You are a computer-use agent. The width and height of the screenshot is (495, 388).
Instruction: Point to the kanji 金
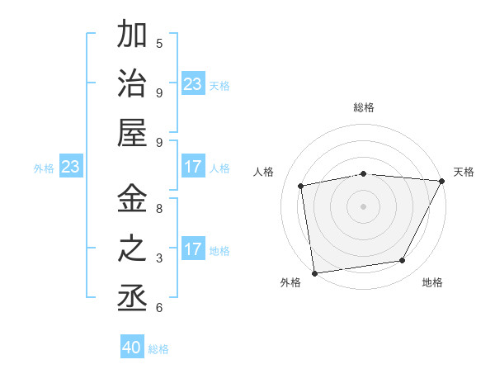click(x=132, y=199)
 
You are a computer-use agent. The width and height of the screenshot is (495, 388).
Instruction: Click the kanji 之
click(x=132, y=248)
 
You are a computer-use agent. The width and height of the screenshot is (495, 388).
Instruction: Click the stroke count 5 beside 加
click(x=159, y=43)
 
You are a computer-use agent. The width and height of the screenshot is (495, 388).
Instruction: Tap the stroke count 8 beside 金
click(x=159, y=209)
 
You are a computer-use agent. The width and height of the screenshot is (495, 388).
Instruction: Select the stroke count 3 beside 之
click(x=159, y=258)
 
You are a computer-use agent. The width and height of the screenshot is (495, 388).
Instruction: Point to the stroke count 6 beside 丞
click(x=159, y=308)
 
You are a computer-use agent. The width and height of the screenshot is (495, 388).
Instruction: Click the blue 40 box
click(x=132, y=348)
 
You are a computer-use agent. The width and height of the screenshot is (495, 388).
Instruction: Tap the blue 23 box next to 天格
click(x=193, y=84)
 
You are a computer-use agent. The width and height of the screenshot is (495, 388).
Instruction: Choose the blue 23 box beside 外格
click(x=71, y=167)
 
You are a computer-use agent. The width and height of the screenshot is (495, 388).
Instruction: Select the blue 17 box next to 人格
click(x=193, y=167)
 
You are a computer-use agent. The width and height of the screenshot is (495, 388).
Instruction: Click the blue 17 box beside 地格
click(x=193, y=249)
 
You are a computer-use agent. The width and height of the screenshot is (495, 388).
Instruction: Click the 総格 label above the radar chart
click(x=363, y=107)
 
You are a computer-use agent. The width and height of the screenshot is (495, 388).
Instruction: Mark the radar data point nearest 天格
click(x=441, y=181)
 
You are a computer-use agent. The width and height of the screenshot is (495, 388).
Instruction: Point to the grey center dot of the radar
click(x=363, y=206)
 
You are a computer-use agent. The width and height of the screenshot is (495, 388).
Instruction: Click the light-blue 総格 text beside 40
click(x=158, y=349)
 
